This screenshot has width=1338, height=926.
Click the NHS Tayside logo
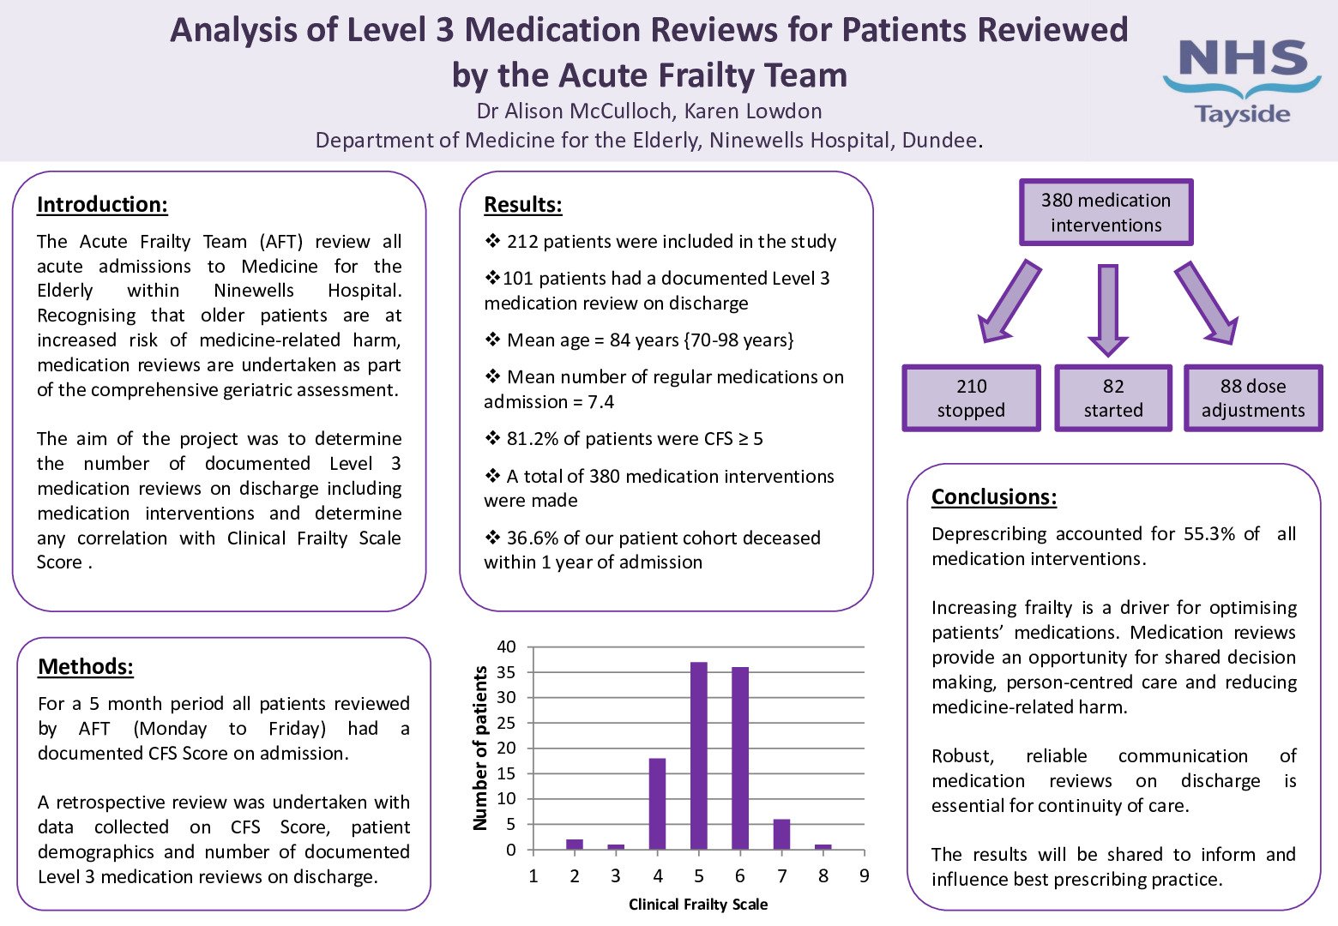coord(1242,82)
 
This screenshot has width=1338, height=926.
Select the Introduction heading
coord(102,205)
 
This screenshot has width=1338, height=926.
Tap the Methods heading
coord(86,667)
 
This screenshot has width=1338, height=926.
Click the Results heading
coord(523,205)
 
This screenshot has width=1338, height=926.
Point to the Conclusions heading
coord(994,497)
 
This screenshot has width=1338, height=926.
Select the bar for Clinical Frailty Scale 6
coord(740,758)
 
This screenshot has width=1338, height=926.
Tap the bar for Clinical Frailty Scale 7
coord(781,834)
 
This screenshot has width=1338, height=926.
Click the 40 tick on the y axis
coord(507,647)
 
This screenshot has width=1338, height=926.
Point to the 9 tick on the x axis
coord(865,875)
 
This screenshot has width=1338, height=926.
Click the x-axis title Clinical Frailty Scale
coord(698,905)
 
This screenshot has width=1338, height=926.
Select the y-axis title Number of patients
coord(480,749)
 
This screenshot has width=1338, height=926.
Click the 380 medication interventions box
coord(1106,213)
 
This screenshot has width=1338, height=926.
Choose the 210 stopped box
coord(971,399)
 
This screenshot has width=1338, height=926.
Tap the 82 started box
coord(1113,399)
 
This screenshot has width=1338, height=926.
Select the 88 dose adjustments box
coord(1253,399)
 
